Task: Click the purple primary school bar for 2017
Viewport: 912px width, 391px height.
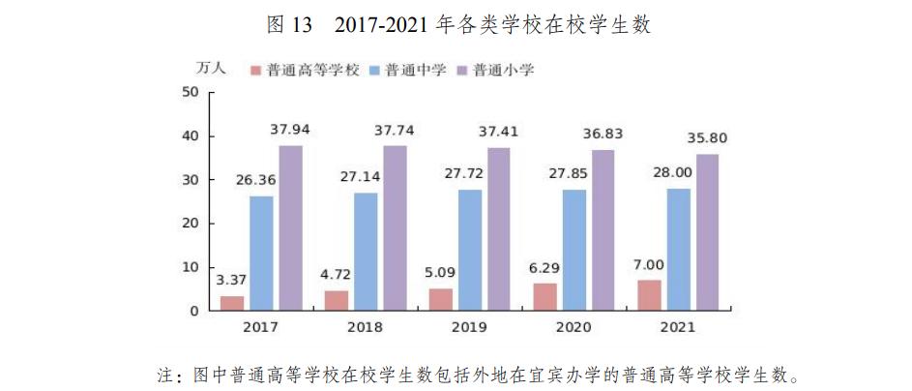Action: click(290, 228)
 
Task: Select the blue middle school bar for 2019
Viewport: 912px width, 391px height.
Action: click(470, 251)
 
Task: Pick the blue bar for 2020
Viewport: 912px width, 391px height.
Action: click(574, 250)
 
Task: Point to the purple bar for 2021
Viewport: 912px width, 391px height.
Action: click(707, 232)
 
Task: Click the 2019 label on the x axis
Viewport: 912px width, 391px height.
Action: click(469, 327)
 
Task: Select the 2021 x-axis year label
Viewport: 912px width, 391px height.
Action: click(678, 327)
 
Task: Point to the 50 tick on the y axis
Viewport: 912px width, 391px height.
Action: click(190, 92)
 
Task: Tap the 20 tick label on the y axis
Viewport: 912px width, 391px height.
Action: click(190, 224)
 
